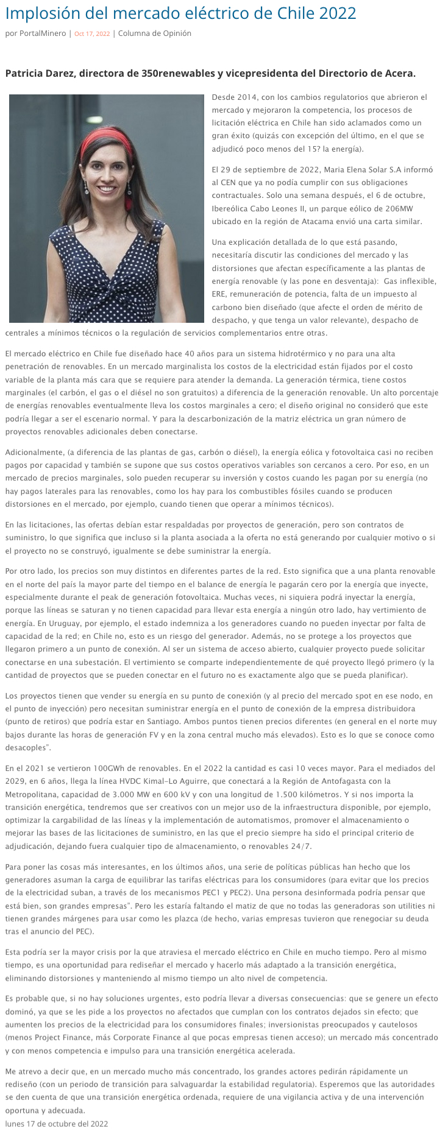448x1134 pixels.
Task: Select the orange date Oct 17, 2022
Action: tap(91, 34)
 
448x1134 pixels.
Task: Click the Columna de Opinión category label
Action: tap(154, 33)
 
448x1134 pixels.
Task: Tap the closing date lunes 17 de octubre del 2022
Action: tap(57, 1124)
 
